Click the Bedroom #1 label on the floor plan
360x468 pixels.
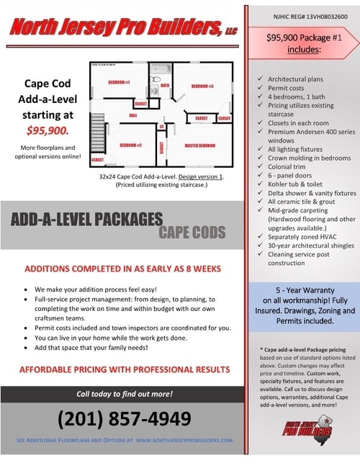(118, 82)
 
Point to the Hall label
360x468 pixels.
(132, 114)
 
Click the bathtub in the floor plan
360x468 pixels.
(160, 68)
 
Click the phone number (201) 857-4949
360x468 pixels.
(124, 418)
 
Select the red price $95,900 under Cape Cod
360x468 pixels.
(47, 130)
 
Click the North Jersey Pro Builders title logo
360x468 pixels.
(122, 28)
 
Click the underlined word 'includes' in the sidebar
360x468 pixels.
(303, 51)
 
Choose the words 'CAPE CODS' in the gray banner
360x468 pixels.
(192, 232)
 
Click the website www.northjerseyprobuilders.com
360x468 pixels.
(184, 440)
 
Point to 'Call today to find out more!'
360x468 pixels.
(125, 394)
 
